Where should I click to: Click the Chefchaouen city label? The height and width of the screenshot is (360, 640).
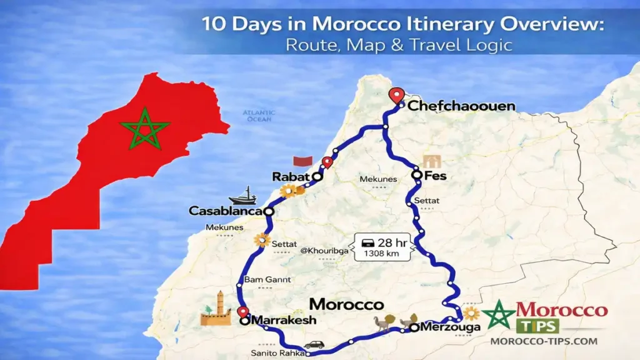tap(461, 106)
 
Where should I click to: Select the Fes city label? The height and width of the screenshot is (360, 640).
tap(435, 176)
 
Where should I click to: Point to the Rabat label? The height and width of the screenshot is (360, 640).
tap(291, 177)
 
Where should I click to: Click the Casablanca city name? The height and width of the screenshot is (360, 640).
tap(226, 211)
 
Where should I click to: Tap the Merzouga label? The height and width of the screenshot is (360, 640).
tap(451, 327)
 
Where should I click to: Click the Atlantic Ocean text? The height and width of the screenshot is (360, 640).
tap(259, 116)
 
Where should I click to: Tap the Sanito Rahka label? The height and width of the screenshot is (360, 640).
tap(278, 353)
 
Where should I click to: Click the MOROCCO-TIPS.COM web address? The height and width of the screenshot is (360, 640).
tap(544, 341)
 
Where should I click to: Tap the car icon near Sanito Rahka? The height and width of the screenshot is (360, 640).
tap(314, 344)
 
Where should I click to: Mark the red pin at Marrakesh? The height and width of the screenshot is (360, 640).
tap(242, 311)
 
